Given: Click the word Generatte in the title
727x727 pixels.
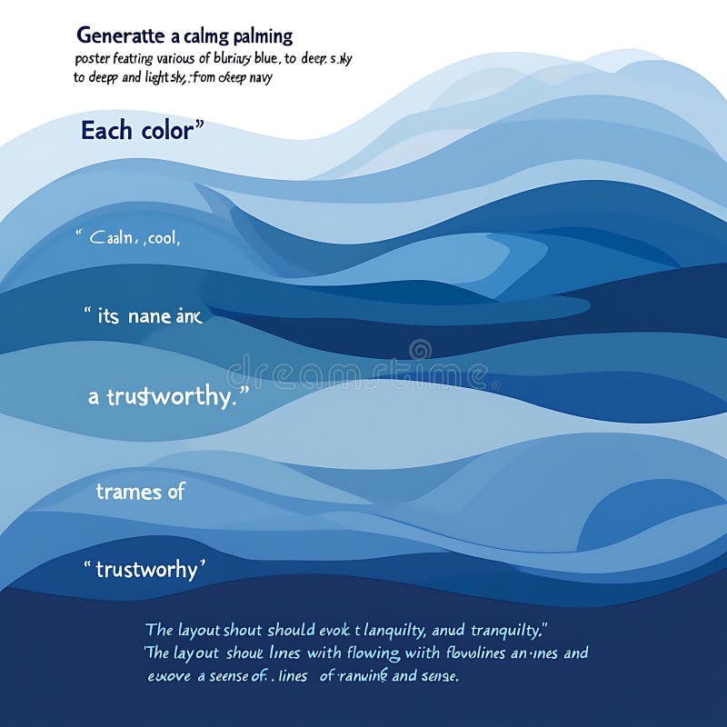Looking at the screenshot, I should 116,36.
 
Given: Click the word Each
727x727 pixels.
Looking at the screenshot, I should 100,131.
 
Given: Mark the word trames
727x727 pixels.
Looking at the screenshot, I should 129,492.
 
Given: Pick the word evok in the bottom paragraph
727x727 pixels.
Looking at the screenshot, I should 341,629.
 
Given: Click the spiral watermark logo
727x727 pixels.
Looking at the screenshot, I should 420,349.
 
